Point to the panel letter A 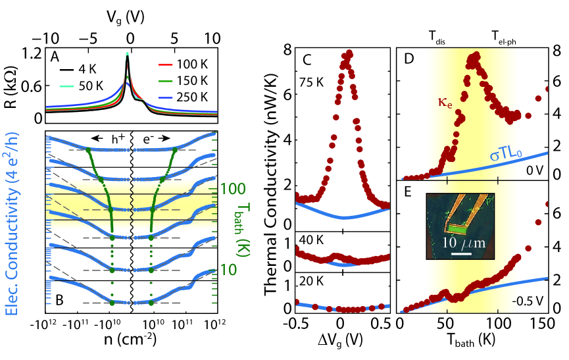tap(55, 58)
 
